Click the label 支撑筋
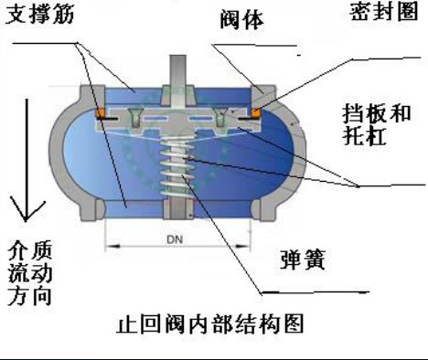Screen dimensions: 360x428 37,16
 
